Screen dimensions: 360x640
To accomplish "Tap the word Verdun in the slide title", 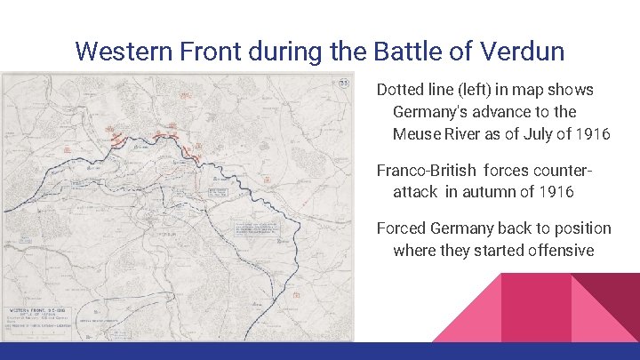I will (522, 51).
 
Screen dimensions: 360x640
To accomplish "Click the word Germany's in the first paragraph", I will (433, 112).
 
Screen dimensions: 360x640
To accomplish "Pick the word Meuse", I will (418, 134).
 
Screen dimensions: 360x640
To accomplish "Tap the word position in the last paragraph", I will (578, 228).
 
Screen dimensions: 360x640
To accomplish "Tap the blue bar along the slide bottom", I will (320, 351).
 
